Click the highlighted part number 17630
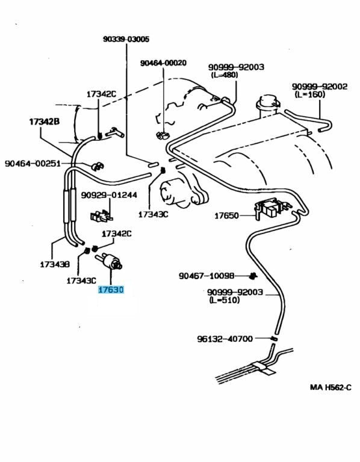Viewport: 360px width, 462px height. point(111,290)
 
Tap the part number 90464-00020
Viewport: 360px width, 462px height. point(163,63)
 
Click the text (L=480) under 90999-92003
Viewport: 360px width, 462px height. point(224,75)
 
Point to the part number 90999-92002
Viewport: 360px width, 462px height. point(320,87)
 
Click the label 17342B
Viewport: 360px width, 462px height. point(45,121)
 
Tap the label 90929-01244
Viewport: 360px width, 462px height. point(109,195)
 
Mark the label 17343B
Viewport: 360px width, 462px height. point(55,264)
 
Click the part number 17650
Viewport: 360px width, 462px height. point(227,215)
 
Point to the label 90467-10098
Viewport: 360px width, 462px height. point(206,276)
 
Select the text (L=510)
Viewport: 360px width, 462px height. point(223,300)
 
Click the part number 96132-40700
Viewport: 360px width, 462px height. point(225,339)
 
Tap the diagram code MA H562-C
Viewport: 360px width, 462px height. point(331,387)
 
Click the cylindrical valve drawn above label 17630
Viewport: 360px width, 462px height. point(111,262)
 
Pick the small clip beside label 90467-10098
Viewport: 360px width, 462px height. point(253,276)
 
